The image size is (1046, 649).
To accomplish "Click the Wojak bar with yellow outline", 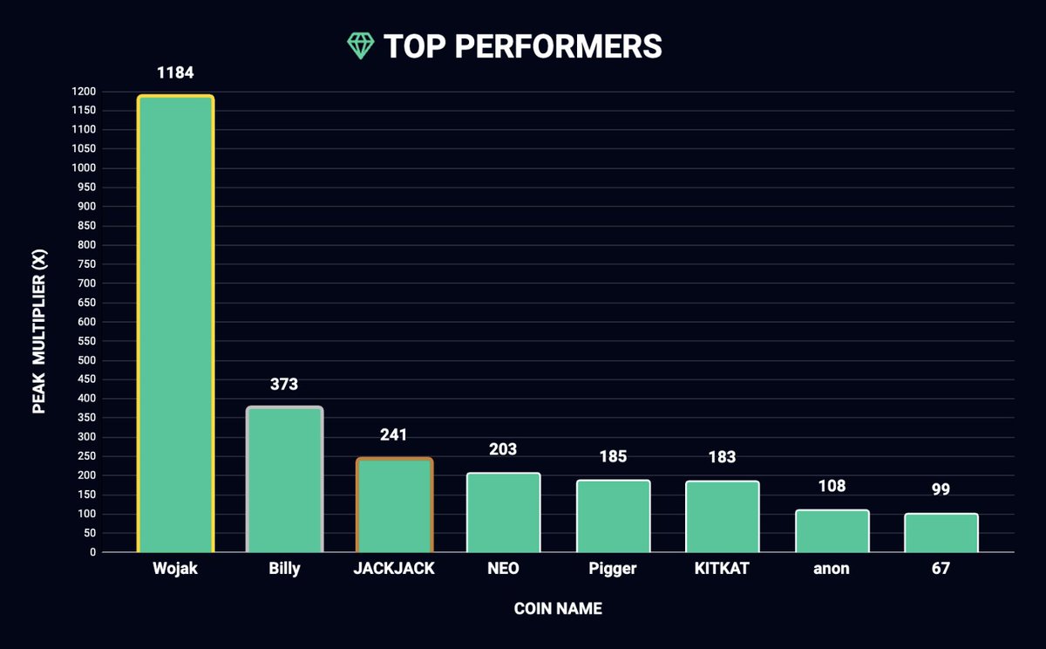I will [175, 324].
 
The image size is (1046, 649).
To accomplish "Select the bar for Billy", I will [284, 480].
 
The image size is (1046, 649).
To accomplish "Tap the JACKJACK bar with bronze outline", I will [394, 505].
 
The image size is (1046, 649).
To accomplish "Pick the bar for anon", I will [832, 531].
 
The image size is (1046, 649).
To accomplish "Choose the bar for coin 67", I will [941, 533].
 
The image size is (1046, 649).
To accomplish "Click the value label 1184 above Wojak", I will [175, 72].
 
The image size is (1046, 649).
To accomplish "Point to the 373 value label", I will [284, 384].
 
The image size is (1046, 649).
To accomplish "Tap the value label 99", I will [941, 490].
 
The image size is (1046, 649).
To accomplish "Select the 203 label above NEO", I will [503, 449].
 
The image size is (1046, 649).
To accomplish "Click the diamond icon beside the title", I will [360, 45].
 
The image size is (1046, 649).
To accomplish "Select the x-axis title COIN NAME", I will [558, 609].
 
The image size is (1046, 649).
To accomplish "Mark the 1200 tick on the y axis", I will [85, 92].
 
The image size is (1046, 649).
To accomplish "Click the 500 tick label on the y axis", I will [87, 360].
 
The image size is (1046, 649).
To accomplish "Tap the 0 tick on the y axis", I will [92, 552].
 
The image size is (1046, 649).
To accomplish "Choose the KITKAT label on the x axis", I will [722, 569].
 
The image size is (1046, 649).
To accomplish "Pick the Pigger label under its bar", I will [612, 569].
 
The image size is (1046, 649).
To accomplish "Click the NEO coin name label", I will [503, 569].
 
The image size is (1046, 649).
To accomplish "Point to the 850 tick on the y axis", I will [87, 226].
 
